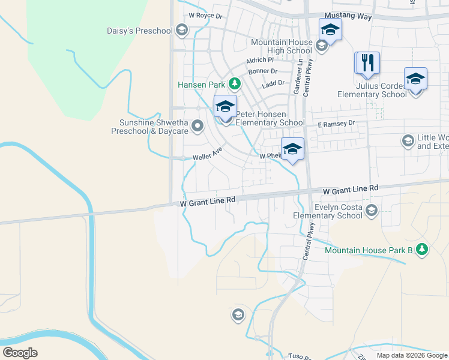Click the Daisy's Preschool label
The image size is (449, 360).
pyautogui.click(x=139, y=31)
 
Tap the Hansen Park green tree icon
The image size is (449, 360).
pyautogui.click(x=237, y=84)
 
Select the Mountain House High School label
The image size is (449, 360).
pyautogui.click(x=282, y=47)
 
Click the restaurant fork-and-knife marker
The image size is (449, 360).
pyautogui.click(x=369, y=62)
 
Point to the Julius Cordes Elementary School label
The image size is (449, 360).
pyautogui.click(x=372, y=90)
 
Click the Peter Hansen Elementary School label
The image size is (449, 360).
pyautogui.click(x=270, y=118)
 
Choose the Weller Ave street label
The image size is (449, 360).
pyautogui.click(x=208, y=154)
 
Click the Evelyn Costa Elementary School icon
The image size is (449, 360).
pyautogui.click(x=372, y=210)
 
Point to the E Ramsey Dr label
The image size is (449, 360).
pyautogui.click(x=337, y=124)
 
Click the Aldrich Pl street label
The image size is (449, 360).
pyautogui.click(x=259, y=60)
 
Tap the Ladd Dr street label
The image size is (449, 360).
pyautogui.click(x=273, y=83)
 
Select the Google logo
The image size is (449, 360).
pyautogui.click(x=20, y=353)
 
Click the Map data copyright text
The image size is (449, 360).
pyautogui.click(x=412, y=355)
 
